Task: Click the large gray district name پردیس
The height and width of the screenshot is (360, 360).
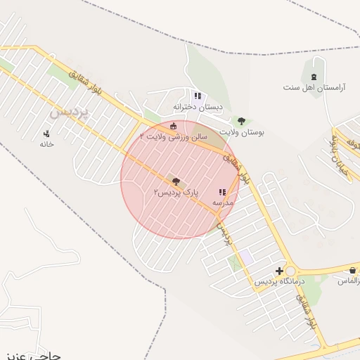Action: [x=70, y=111]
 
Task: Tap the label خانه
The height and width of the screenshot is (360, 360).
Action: [x=46, y=143]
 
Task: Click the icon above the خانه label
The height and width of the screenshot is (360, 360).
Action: [x=47, y=133]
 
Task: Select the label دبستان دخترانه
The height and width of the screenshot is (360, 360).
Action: [x=198, y=107]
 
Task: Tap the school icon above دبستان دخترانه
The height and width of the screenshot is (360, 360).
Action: [x=198, y=96]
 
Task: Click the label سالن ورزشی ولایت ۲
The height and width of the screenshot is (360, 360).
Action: [x=174, y=136]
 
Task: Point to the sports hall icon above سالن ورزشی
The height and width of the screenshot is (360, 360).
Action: [x=174, y=126]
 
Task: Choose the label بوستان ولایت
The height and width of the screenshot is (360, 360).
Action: [x=241, y=131]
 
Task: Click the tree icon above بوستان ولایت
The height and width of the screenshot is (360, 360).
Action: [x=241, y=121]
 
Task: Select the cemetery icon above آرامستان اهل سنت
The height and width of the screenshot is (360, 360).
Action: [x=314, y=77]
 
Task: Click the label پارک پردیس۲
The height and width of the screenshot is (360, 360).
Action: [x=176, y=191]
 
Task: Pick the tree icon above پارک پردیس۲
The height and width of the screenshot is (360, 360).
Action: [x=175, y=181]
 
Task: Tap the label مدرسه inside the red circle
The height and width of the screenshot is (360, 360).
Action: [x=223, y=202]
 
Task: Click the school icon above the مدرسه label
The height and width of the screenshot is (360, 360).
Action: [x=223, y=192]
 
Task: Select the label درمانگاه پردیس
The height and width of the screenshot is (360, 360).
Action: [x=280, y=281]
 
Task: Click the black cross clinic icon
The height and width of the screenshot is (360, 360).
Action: [x=280, y=271]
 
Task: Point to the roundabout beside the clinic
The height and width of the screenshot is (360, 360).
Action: [x=291, y=271]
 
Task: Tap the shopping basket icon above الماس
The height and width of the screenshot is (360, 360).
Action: [x=352, y=271]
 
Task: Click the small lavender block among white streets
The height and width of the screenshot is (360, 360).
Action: [x=246, y=257]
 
